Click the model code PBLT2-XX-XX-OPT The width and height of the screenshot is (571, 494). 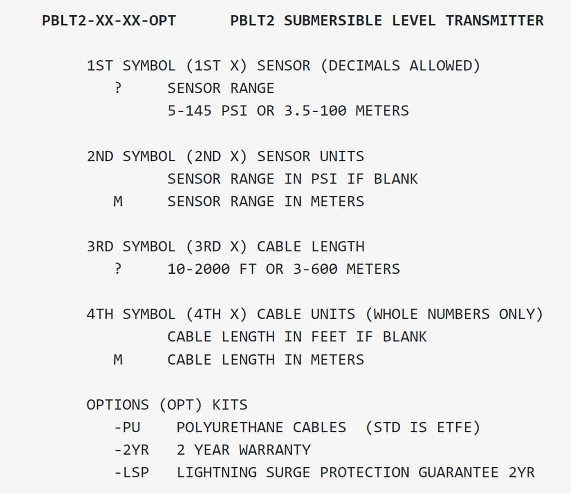click(x=109, y=21)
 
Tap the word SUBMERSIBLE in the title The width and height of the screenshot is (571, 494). click(x=333, y=21)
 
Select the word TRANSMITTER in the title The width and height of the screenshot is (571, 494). click(x=494, y=21)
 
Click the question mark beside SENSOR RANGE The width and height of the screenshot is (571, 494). click(x=118, y=88)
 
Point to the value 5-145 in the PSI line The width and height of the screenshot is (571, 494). click(x=189, y=111)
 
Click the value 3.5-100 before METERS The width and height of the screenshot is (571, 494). click(x=315, y=111)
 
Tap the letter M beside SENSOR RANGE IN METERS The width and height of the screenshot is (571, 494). click(x=118, y=202)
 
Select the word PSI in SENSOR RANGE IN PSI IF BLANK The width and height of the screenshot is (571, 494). click(x=324, y=179)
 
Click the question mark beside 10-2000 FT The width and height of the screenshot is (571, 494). click(x=118, y=269)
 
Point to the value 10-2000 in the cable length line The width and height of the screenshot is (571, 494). click(x=198, y=269)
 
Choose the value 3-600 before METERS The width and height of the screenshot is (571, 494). click(x=315, y=269)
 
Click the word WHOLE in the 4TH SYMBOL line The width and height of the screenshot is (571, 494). click(x=396, y=314)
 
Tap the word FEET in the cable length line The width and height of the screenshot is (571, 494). click(x=329, y=337)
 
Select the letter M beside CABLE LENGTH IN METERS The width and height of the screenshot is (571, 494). click(x=118, y=359)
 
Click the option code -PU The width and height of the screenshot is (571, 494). click(x=128, y=427)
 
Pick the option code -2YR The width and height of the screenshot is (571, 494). click(x=132, y=450)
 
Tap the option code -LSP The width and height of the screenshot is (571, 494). click(x=132, y=473)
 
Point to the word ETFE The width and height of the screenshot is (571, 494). click(x=454, y=427)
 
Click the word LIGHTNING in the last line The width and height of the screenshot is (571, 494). click(x=217, y=473)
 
